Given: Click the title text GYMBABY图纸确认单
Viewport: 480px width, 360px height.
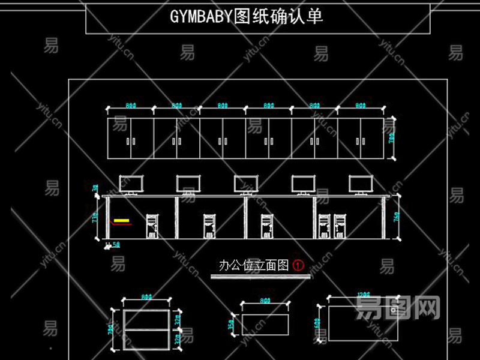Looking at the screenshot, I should pos(247,16).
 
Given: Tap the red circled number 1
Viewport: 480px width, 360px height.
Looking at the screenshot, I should pos(298,265).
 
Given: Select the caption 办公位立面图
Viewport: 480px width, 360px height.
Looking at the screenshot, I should pos(254,265).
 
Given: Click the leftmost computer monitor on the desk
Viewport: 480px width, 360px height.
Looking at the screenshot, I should pos(131,184).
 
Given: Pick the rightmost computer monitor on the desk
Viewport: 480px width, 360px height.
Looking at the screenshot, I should pos(361,184).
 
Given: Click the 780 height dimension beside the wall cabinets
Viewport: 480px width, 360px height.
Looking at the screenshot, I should pos(392,139).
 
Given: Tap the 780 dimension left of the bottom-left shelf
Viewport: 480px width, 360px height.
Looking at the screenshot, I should pos(110,329).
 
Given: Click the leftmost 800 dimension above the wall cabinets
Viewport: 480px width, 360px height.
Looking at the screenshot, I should pos(130,106).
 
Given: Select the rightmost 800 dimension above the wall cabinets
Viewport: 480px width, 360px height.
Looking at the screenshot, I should pos(361,106).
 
